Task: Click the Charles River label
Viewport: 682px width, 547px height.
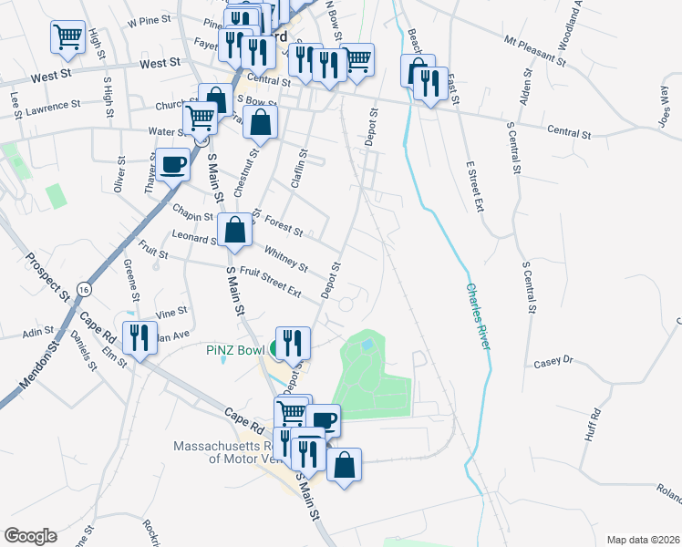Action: (478, 315)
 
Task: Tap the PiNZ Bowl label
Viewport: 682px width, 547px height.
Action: (234, 349)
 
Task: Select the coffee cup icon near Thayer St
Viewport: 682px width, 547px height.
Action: (172, 165)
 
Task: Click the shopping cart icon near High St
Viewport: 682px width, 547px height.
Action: (67, 36)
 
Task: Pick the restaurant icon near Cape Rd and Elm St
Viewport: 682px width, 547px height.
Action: (139, 338)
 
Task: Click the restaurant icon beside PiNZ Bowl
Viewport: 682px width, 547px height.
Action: (293, 343)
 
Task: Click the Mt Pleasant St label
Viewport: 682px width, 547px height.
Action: (535, 50)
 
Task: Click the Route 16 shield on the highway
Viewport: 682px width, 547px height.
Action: (84, 288)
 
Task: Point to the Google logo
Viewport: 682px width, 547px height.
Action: (30, 536)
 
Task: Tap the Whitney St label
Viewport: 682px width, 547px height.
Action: (286, 258)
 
